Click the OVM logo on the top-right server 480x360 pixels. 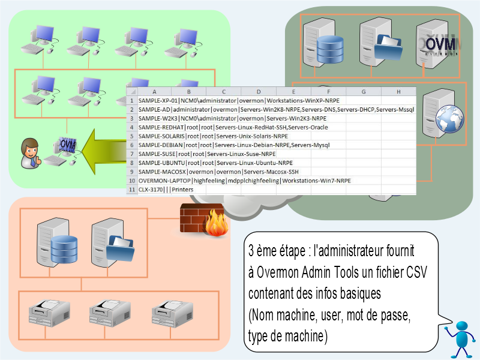pyautogui.click(x=440, y=46)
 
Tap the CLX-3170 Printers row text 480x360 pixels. pyautogui.click(x=162, y=190)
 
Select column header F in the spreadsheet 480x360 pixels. pyautogui.click(x=328, y=92)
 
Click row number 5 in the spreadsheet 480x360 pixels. pyautogui.click(x=131, y=136)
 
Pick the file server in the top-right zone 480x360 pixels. pyautogui.click(x=381, y=42)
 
